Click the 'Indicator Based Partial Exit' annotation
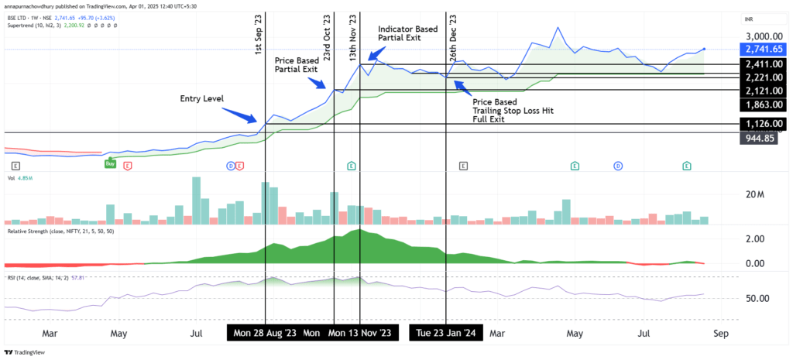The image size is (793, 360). click(408, 34)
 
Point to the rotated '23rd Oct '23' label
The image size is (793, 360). click(328, 38)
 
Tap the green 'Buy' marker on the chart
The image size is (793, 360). click(111, 164)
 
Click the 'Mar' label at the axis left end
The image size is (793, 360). click(50, 333)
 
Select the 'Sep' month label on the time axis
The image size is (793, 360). click(720, 333)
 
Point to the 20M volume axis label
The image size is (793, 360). click(754, 194)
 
